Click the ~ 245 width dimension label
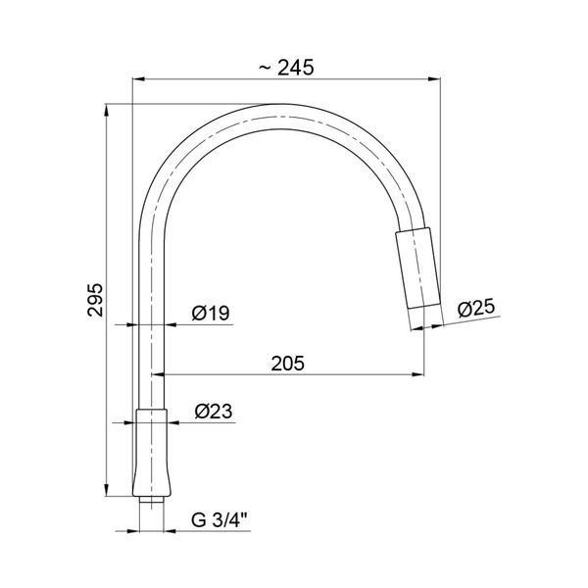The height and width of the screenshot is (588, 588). pos(286,68)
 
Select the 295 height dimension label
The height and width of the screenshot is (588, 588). pos(95,300)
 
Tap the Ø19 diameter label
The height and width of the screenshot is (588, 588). pos(211,314)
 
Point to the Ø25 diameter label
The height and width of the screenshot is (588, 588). pos(476,309)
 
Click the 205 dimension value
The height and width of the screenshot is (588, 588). pos(288,363)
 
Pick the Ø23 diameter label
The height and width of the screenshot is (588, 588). pos(214,412)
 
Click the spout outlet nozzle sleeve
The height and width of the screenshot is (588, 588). pos(417,269)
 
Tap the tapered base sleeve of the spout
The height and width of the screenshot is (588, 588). pos(152,453)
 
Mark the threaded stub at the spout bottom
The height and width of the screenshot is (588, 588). pos(152,500)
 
